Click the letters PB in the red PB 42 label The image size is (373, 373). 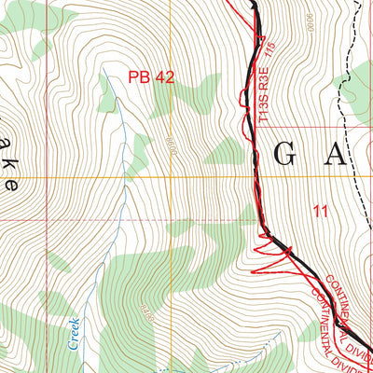coord(139,79)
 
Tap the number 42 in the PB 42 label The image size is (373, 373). coord(163,79)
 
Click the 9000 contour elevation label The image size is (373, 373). coord(308,22)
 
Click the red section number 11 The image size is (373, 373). coord(321,212)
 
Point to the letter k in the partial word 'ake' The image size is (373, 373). coord(8,157)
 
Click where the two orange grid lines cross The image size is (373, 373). coord(171,177)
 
